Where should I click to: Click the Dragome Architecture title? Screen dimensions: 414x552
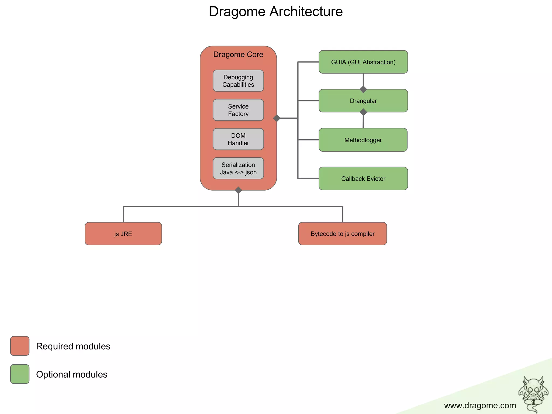[276, 12]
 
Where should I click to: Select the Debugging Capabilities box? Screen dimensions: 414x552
[238, 81]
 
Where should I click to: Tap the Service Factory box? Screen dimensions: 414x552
[238, 110]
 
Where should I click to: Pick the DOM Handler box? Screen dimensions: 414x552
[238, 139]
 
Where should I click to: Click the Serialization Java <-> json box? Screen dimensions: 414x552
[238, 168]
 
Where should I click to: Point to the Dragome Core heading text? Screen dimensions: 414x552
[238, 54]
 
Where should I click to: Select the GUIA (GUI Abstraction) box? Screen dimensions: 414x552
[363, 62]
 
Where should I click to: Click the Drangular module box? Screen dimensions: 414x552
[363, 101]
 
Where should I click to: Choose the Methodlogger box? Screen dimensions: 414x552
[363, 140]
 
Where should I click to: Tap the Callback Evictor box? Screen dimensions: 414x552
[363, 178]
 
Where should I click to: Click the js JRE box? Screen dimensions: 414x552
[123, 234]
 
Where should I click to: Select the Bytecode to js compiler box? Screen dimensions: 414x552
[342, 234]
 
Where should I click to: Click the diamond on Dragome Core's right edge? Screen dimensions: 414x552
[277, 118]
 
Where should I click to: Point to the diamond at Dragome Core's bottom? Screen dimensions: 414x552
[238, 190]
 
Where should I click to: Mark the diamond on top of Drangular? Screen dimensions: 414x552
[363, 89]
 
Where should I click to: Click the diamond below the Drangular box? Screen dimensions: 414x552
[363, 112]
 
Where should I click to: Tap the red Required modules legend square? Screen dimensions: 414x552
[20, 346]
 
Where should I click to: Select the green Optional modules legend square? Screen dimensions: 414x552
[20, 374]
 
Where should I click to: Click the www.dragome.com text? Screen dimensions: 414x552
[480, 405]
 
